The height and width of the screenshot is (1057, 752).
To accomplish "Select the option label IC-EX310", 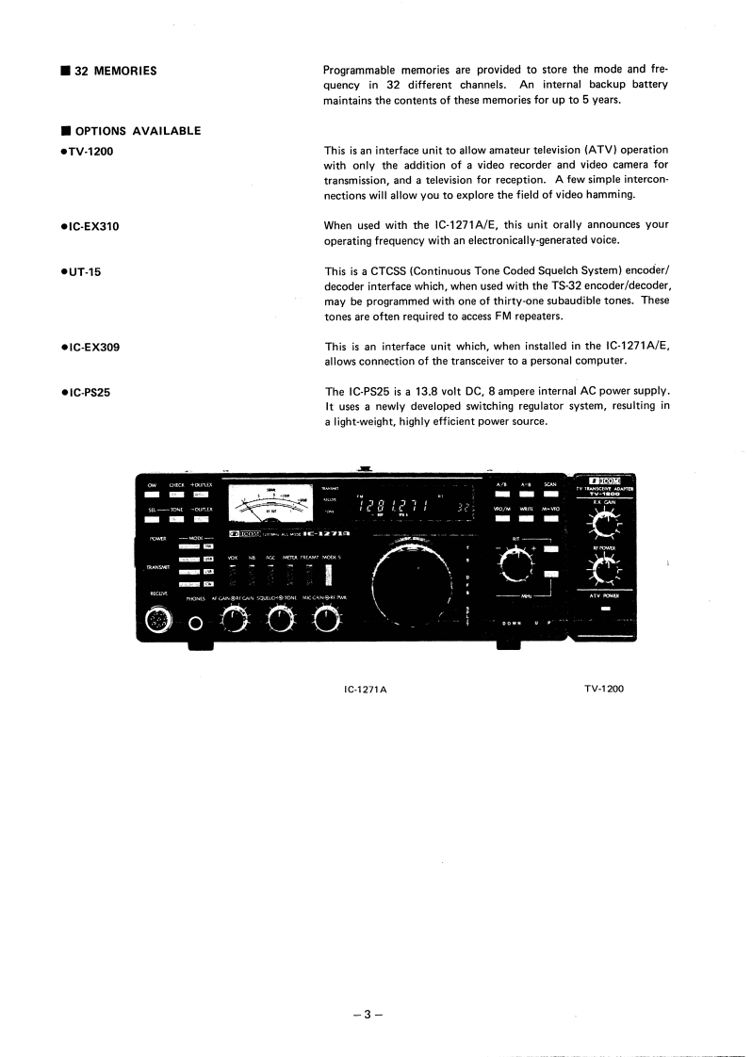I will (x=90, y=226).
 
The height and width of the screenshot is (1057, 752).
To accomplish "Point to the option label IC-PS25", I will (x=87, y=392).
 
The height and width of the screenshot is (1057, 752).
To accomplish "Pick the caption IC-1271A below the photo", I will (x=367, y=689).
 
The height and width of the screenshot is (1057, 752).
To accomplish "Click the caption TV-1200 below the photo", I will (x=603, y=688).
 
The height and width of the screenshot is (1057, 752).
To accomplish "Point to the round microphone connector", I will (x=155, y=620).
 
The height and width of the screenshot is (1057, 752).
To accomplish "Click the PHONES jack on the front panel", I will (x=197, y=622).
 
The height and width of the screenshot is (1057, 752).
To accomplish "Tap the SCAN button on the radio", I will (x=550, y=494).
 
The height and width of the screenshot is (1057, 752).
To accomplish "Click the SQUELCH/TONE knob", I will (x=279, y=619).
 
